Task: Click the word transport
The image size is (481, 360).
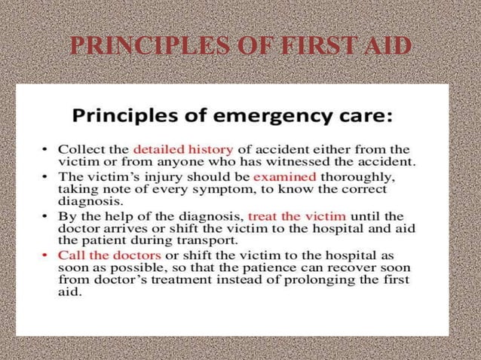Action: pyautogui.click(x=210, y=241)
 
